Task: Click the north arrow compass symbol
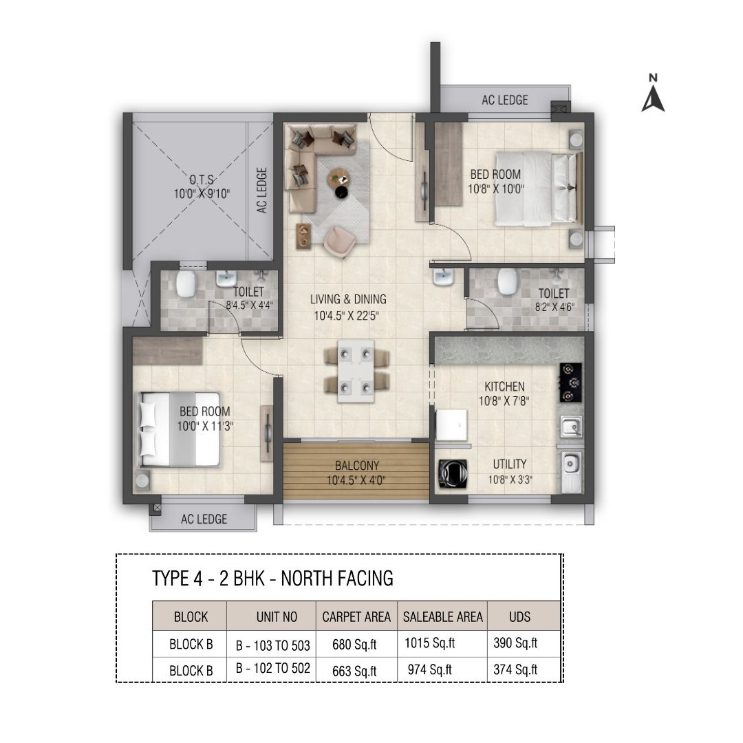[x=653, y=94]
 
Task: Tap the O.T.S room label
[x=202, y=180]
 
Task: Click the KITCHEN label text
[x=504, y=386]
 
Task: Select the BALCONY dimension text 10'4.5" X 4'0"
[x=356, y=480]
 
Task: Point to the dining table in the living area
[x=356, y=371]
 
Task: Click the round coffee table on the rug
[x=338, y=177]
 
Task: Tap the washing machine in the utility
[x=453, y=473]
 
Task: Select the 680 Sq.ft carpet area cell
[x=354, y=645]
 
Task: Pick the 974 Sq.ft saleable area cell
[x=430, y=669]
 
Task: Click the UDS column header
[x=520, y=616]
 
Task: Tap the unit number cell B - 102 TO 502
[x=273, y=668]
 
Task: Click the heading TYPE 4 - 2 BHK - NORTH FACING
[x=272, y=579]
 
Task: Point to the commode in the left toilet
[x=186, y=283]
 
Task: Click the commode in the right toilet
[x=507, y=281]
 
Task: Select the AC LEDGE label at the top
[x=505, y=100]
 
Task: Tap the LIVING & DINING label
[x=348, y=299]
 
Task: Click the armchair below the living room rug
[x=338, y=242]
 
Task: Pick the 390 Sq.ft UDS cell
[x=515, y=643]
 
